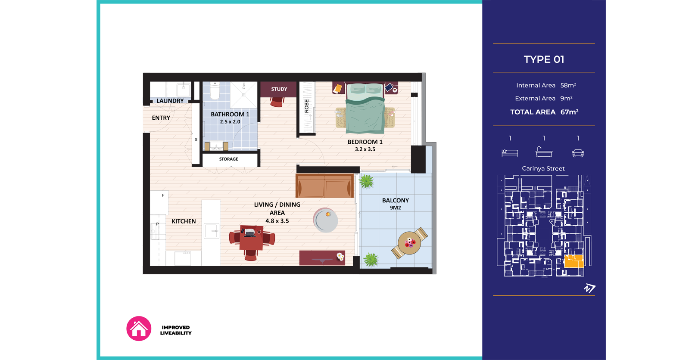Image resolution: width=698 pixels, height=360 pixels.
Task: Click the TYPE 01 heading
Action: click(544, 59)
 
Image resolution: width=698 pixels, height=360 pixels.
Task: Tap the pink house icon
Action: click(139, 329)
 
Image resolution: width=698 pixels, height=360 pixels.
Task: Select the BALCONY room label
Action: click(396, 200)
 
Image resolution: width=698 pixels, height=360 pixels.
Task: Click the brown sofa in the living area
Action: click(325, 186)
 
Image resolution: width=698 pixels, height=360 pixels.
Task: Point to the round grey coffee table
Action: click(325, 220)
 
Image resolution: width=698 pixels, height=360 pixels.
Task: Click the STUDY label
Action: click(279, 89)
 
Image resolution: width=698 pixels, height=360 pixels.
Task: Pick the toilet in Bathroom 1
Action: click(215, 90)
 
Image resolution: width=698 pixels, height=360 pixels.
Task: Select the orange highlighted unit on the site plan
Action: click(574, 261)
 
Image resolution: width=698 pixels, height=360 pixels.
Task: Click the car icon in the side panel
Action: click(578, 153)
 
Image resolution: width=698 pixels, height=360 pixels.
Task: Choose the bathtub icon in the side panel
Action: click(544, 152)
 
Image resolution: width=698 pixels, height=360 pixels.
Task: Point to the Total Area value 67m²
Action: click(569, 112)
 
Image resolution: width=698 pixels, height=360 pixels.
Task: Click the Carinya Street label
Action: click(543, 168)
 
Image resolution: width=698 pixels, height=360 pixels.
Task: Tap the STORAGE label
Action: click(228, 159)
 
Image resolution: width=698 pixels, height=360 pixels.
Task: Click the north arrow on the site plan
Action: click(589, 289)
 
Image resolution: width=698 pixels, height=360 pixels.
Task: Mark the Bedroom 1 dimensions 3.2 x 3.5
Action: click(365, 149)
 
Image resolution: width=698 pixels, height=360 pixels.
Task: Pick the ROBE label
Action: click(307, 106)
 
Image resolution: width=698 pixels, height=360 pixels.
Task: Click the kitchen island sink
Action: click(211, 231)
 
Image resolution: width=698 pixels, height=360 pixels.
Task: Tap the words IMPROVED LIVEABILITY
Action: click(176, 330)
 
